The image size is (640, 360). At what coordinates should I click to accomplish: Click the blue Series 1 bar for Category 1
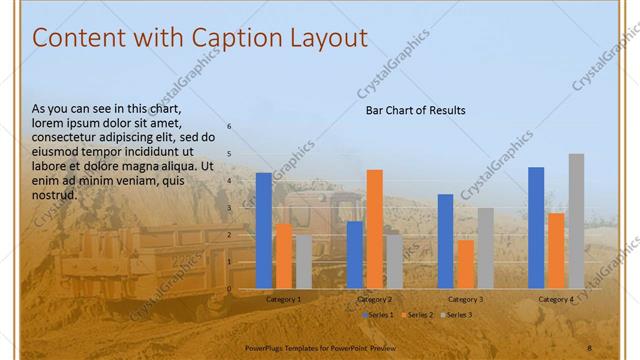click(264, 231)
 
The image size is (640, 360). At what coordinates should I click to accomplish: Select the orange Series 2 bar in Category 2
click(374, 229)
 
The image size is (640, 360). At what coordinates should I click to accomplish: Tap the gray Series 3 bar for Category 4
click(576, 221)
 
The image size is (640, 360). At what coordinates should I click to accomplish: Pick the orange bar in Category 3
click(465, 264)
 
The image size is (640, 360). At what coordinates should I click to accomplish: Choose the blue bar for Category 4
click(536, 228)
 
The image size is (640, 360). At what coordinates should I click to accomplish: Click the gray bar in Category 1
click(304, 262)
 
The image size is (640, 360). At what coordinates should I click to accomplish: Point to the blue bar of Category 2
click(355, 255)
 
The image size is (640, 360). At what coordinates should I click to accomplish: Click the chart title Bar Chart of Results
click(415, 110)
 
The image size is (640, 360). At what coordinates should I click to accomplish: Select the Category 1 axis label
click(284, 299)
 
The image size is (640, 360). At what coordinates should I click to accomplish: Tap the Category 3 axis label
click(465, 299)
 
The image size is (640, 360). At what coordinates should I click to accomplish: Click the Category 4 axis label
click(556, 299)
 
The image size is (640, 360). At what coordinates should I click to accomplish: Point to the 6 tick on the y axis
click(229, 127)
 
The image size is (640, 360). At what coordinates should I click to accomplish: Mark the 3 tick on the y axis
click(229, 208)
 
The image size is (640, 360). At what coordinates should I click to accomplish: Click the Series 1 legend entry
click(377, 315)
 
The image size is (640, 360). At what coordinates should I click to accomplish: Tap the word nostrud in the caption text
click(54, 195)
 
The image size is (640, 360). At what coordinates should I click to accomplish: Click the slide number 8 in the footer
click(589, 347)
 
